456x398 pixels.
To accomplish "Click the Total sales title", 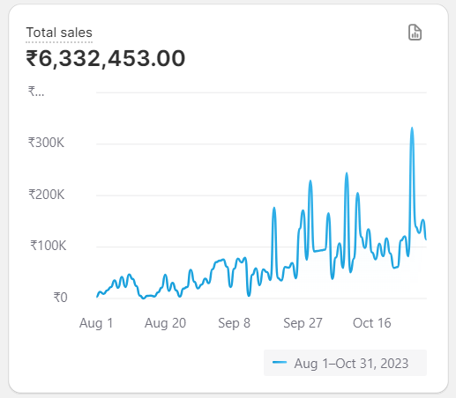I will point(59,33).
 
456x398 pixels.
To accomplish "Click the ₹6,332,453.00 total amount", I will point(106,59).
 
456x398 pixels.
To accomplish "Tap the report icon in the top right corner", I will point(415,33).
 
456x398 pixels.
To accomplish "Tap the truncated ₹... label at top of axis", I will point(36,91).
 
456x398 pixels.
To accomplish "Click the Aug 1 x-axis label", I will point(96,323).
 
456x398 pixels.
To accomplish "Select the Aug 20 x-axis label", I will point(165,323).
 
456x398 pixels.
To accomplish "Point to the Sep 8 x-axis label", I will point(234,323).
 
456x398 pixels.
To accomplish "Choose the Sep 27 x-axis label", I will point(303,323).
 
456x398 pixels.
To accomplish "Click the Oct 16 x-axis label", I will point(371,323).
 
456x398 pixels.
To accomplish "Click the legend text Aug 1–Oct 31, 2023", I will point(351,363).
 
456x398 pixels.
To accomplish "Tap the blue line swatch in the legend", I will point(280,363).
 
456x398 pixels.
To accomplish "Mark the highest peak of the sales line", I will point(412,129).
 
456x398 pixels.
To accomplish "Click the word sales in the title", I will point(76,33).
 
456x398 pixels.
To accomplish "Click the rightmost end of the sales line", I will point(426,239).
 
